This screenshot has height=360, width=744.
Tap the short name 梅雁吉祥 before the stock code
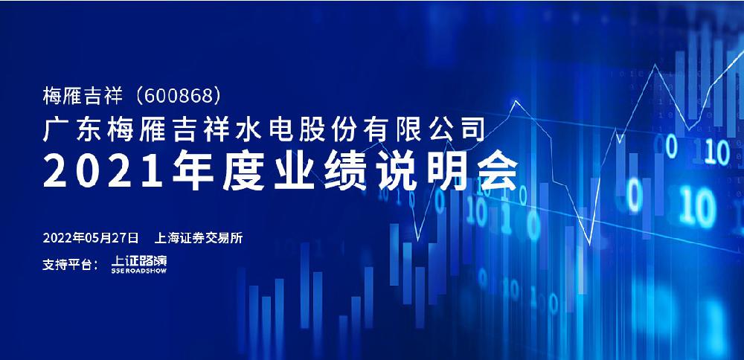point(83,96)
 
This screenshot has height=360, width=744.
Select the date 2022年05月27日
point(91,238)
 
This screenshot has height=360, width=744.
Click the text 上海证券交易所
point(199,238)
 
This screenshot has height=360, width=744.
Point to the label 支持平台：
point(71,265)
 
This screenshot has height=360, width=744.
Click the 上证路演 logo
point(139,265)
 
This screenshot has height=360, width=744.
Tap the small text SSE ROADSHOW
point(139,271)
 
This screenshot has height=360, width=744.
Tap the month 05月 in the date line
point(97,238)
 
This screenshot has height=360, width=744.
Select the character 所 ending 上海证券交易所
point(237,238)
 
